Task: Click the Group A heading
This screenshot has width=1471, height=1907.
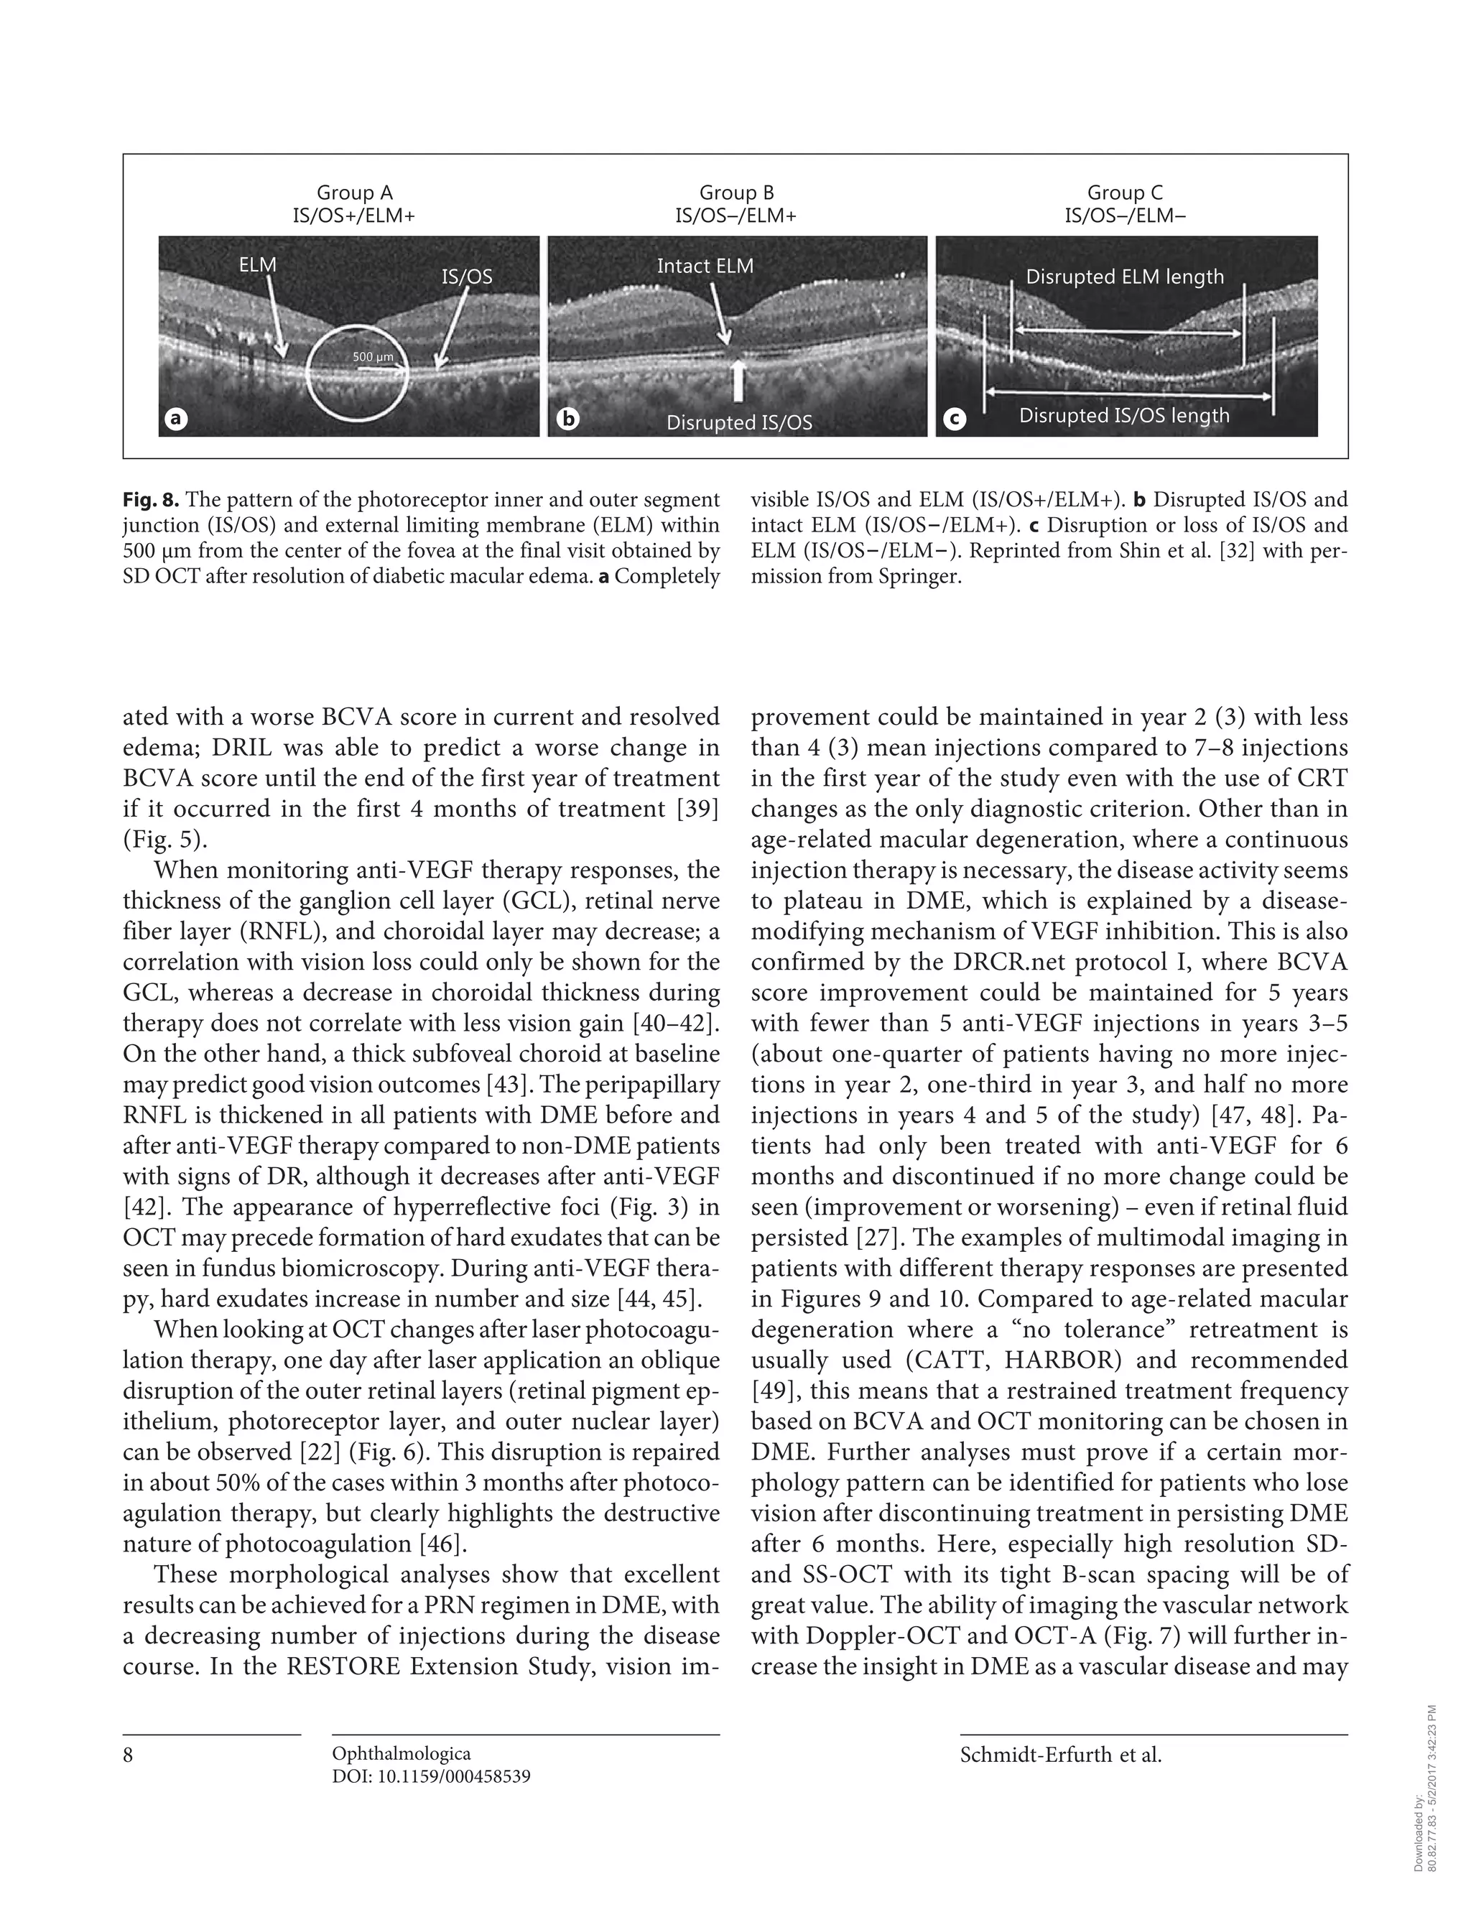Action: point(353,193)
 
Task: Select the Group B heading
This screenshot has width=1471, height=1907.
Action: point(736,193)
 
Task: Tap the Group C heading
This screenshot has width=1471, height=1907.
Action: point(1124,193)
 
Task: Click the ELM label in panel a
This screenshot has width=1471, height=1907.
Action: point(258,264)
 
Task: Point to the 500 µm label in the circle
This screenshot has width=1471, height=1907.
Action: point(373,356)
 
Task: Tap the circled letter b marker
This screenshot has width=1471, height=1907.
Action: point(567,419)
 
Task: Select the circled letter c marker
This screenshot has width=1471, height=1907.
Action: point(954,419)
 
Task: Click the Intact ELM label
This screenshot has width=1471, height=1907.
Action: point(705,266)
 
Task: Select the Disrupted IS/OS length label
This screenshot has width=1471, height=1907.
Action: point(1124,416)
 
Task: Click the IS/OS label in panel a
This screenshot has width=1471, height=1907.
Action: point(466,277)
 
